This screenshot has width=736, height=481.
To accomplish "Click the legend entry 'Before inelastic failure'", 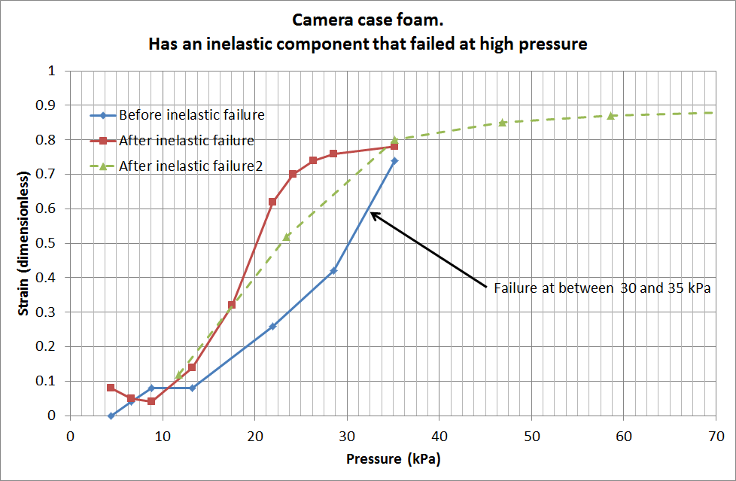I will (x=192, y=115).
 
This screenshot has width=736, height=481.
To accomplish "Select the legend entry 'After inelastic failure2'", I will (x=190, y=166).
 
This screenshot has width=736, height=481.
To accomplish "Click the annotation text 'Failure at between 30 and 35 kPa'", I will (x=602, y=288).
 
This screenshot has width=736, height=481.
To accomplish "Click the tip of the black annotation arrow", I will (x=371, y=213).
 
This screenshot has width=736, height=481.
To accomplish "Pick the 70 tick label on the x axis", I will (x=716, y=436).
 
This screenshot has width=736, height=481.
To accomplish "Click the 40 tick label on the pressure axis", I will (x=439, y=436).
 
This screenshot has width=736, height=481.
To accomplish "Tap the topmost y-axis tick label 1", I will (x=52, y=72).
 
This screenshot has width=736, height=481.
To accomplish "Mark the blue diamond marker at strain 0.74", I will (x=394, y=161).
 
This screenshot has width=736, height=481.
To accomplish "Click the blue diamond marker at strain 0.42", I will (x=334, y=271).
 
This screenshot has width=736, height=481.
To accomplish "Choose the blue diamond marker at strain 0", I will (x=111, y=416).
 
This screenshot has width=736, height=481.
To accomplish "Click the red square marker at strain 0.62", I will (x=272, y=202).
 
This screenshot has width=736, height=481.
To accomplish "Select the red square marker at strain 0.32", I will (x=232, y=305).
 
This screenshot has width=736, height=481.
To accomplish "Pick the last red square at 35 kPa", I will (x=394, y=147).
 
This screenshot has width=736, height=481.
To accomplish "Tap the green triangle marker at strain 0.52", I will (x=287, y=236).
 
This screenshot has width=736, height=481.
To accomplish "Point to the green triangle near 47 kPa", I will (x=502, y=122).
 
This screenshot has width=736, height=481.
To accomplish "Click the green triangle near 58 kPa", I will (x=611, y=115).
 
